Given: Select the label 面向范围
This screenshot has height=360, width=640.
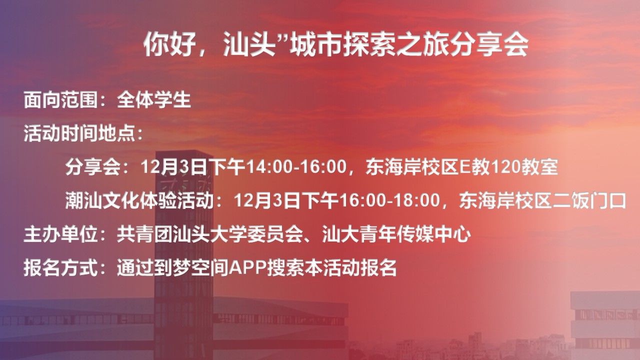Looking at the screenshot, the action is [60, 100].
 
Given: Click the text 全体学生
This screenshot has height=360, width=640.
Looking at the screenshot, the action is [154, 100].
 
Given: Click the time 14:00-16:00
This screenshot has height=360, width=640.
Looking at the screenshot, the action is [296, 167].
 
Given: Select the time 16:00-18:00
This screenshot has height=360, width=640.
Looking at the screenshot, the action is [389, 200].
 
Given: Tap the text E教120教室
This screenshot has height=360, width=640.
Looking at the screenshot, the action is [508, 167].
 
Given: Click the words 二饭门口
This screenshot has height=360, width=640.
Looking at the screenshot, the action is [589, 200].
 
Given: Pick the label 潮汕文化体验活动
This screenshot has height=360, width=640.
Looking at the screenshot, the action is [139, 200].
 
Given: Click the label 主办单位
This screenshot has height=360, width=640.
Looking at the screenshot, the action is [60, 234].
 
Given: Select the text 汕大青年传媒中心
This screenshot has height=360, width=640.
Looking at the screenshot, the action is [396, 234].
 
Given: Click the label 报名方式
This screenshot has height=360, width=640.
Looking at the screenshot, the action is [60, 267].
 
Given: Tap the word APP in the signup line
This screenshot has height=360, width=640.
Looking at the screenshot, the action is [247, 267].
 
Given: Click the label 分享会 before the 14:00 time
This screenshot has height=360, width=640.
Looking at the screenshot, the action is [93, 167].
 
